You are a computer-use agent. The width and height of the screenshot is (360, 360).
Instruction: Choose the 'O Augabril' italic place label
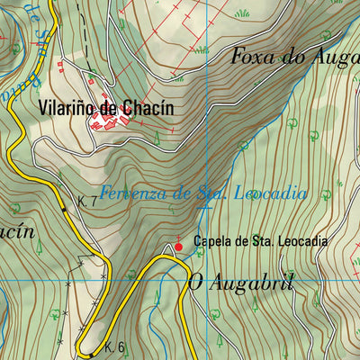coord(241,281)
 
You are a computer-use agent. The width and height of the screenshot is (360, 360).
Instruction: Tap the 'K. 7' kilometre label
coord(87,202)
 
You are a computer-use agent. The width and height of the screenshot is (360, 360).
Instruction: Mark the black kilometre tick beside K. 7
coord(64,209)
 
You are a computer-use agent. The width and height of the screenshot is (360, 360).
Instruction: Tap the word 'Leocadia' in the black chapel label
coord(301,242)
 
